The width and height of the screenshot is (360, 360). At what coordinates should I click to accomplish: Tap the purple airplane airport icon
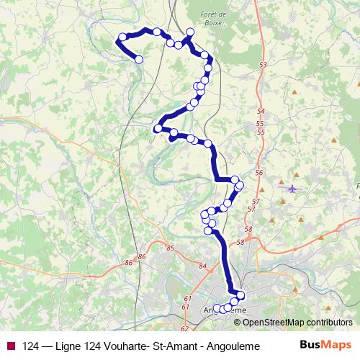point(292,189)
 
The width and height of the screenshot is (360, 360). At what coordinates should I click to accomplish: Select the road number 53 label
point(262,66)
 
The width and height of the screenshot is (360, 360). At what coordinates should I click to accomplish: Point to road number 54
point(260,112)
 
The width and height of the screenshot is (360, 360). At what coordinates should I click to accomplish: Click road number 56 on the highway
point(259,174)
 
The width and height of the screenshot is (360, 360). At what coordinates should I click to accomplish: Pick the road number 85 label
point(170,248)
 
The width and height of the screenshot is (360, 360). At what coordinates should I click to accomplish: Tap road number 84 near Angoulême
point(202,266)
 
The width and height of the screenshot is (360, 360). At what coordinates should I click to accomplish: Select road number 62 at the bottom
point(184,329)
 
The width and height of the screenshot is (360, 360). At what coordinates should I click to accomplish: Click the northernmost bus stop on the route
point(190,32)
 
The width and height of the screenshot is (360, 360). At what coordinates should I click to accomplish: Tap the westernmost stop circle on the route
point(123,37)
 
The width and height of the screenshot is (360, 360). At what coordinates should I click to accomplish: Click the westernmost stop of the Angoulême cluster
point(217,309)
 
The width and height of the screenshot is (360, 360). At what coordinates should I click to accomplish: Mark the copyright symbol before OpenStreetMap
point(238,322)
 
